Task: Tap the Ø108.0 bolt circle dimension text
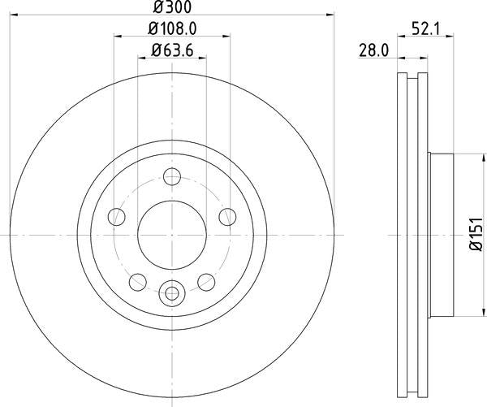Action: (171, 29)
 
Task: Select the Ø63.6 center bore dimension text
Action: (171, 51)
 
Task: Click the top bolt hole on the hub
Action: (172, 176)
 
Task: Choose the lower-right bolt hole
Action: (205, 281)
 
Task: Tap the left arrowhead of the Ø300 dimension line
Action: (14, 14)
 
